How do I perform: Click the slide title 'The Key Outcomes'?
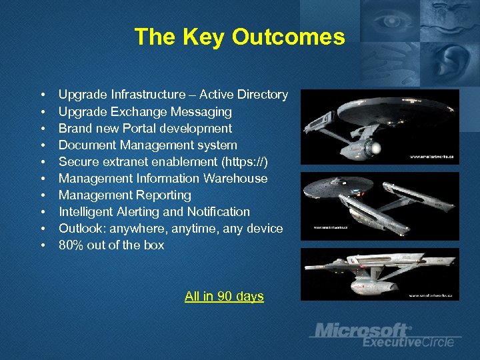point(239,37)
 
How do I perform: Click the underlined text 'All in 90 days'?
point(224,297)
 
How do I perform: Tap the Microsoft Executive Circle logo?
point(383,335)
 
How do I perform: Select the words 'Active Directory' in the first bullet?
point(244,95)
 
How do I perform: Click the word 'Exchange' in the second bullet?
point(131,111)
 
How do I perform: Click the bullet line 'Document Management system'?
point(147,145)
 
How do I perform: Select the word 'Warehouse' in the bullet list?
point(238,178)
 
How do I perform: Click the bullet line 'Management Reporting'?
point(125,195)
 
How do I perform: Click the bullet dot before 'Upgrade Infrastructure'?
point(42,95)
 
